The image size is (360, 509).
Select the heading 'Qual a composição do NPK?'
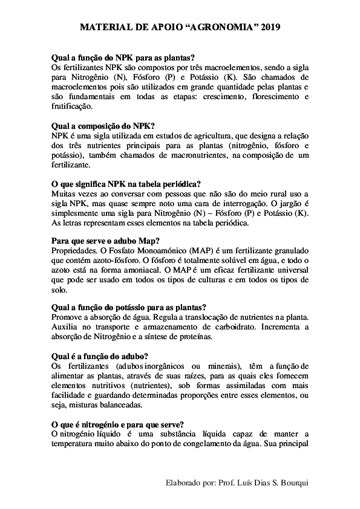click(103, 126)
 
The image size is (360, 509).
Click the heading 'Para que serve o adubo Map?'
click(106, 241)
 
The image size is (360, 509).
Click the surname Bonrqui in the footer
click(292, 484)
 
